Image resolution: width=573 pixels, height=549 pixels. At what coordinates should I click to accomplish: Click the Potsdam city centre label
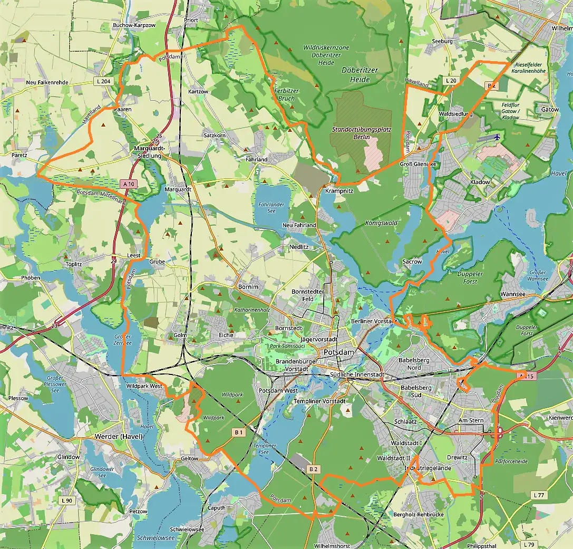[x=339, y=352]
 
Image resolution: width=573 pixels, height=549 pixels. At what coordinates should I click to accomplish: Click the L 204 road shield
[x=104, y=81]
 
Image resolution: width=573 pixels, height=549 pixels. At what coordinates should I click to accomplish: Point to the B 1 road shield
[x=238, y=432]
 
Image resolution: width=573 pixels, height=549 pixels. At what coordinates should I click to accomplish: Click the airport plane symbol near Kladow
[x=497, y=137]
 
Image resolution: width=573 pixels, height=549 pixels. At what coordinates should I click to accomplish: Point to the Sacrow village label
[x=412, y=262]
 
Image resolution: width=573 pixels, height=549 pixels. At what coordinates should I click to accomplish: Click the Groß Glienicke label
[x=419, y=164]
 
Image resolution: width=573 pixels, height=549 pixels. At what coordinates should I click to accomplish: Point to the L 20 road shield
[x=451, y=80]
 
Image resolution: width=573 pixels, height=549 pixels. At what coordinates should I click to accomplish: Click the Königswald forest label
[x=381, y=223]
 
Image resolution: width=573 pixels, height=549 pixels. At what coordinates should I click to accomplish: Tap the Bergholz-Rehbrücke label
[x=419, y=514]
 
